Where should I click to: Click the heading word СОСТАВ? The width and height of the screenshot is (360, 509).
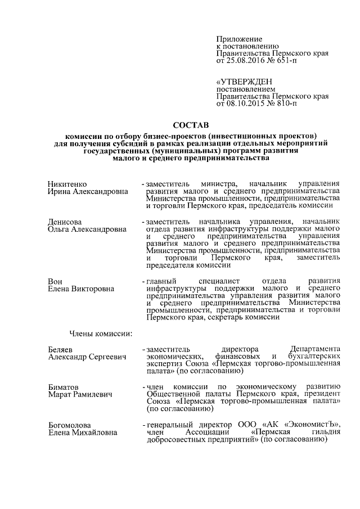click(x=191, y=124)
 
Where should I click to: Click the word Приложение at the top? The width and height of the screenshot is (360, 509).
click(x=236, y=37)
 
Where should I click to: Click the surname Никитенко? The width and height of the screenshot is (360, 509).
click(x=68, y=184)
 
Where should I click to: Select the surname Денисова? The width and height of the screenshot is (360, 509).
click(x=65, y=222)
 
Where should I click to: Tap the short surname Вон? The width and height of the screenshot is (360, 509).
click(x=55, y=281)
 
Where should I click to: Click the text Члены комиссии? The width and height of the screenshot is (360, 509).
click(x=101, y=334)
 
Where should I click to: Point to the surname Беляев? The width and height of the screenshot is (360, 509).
click(x=61, y=349)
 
